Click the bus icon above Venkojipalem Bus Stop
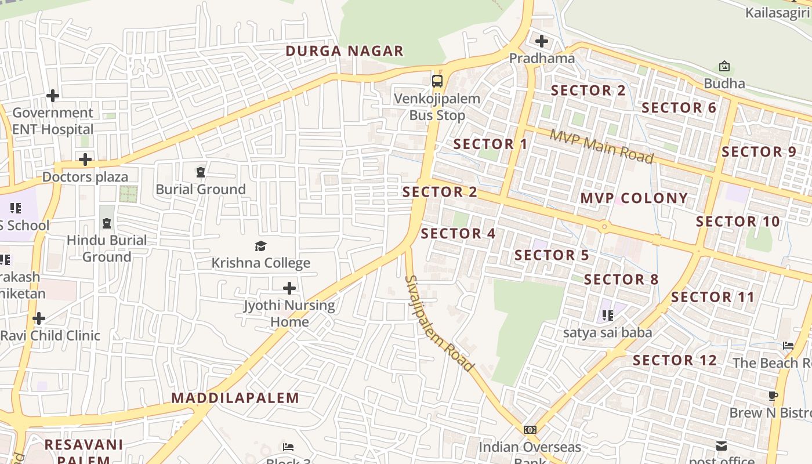click(x=437, y=81)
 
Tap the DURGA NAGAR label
click(x=345, y=51)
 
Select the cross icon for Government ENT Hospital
click(x=53, y=95)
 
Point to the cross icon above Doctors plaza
click(x=85, y=159)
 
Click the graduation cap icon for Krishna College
click(x=260, y=246)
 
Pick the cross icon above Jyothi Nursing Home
click(x=289, y=288)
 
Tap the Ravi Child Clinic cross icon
click(x=39, y=318)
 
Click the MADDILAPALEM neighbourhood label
click(x=235, y=398)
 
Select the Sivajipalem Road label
click(x=438, y=323)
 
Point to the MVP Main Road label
click(x=601, y=146)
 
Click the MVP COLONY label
click(x=634, y=198)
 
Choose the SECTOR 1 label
click(x=491, y=144)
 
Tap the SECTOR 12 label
click(x=675, y=360)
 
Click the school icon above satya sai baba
click(x=607, y=316)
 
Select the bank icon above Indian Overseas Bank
click(x=530, y=430)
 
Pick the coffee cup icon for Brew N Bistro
click(x=773, y=396)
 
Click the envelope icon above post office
click(x=722, y=446)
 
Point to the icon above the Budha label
click(x=724, y=66)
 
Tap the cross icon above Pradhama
click(x=542, y=41)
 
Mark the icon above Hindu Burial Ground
click(x=107, y=223)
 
